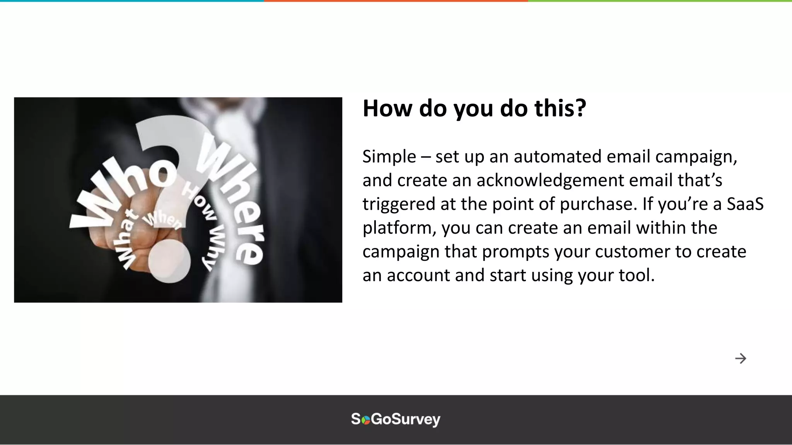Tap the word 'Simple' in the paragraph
point(389,157)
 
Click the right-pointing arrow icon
point(740,358)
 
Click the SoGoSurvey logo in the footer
point(396,420)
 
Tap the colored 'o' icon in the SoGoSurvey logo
point(365,420)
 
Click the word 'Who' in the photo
point(124,193)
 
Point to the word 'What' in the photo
point(126,239)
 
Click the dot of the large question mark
point(169,261)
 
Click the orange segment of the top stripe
point(396,1)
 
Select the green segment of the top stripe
point(660,1)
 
